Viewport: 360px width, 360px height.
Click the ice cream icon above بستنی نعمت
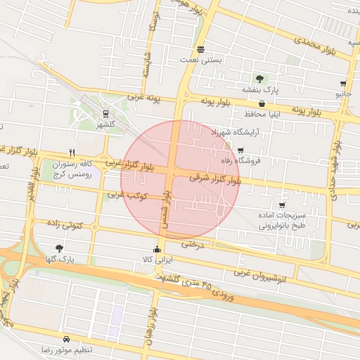pos(202,49)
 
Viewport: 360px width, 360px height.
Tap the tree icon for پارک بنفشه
pos(260,79)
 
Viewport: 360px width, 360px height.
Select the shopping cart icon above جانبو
pos(343,83)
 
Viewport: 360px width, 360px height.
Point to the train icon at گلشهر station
pos(105,112)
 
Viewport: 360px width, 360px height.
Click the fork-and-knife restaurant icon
pos(71,152)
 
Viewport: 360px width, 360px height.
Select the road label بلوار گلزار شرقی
pos(215,180)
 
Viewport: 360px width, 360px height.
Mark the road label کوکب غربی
pos(127,194)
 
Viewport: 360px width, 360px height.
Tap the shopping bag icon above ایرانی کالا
pos(157,249)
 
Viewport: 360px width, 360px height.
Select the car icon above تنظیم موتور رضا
pos(66,338)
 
